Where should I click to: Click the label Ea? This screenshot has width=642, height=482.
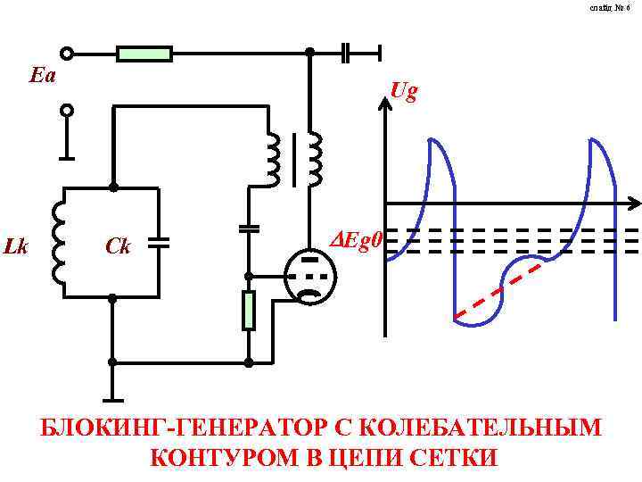(x=42, y=76)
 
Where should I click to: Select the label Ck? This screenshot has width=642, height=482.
(x=119, y=245)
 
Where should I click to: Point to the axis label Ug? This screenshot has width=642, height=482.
(x=404, y=92)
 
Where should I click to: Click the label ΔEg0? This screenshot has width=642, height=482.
(x=356, y=239)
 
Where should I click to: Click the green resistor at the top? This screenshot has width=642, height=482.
(x=144, y=54)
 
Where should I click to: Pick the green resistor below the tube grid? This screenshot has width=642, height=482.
(x=249, y=310)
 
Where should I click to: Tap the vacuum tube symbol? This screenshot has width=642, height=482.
(x=309, y=277)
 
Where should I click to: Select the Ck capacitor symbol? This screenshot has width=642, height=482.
(x=159, y=242)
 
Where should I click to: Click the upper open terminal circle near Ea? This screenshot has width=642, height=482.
(x=67, y=54)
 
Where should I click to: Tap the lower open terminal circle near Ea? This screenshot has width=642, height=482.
(x=67, y=111)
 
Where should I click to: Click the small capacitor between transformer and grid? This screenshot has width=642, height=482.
(x=249, y=228)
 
